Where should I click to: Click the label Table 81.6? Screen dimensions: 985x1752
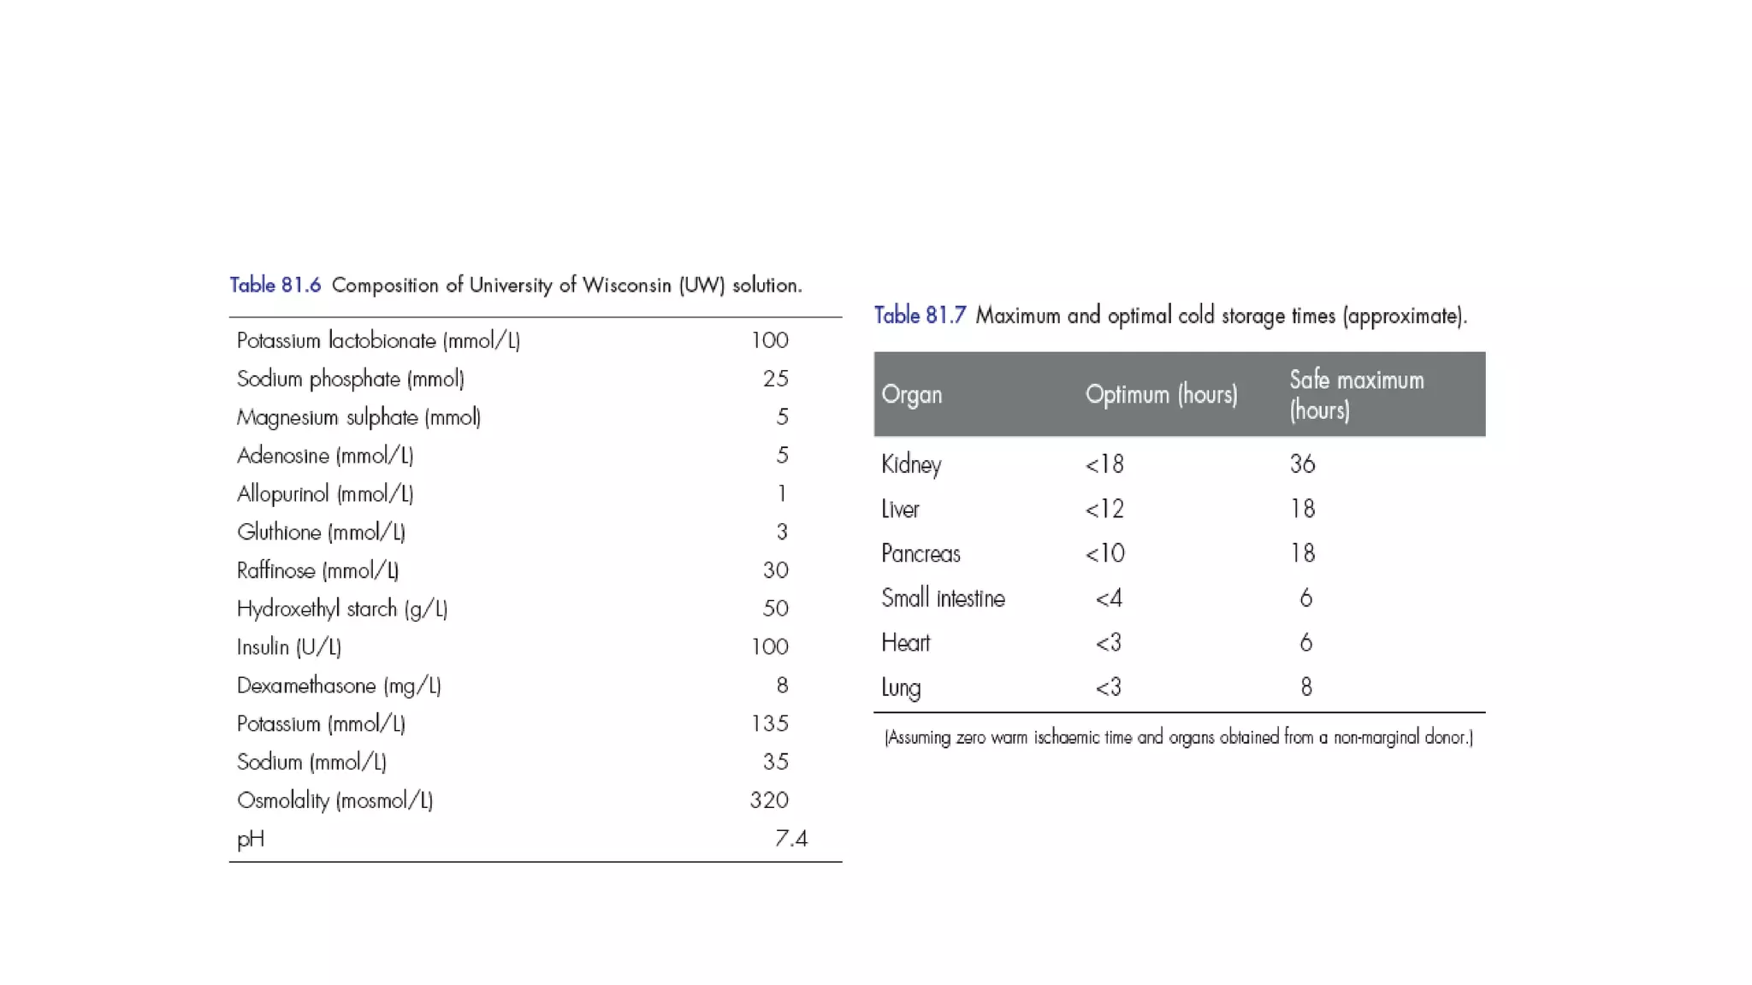point(275,285)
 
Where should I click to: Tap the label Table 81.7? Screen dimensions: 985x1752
point(920,316)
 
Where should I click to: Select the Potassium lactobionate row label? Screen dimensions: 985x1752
point(378,340)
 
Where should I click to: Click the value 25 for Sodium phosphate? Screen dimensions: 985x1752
point(775,379)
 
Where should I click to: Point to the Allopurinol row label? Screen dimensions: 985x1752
point(325,494)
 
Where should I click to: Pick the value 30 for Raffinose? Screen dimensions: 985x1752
point(775,570)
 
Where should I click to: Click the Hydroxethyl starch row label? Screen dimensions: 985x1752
point(342,609)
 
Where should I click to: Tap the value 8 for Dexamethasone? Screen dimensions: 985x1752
point(782,686)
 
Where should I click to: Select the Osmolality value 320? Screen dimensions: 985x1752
point(769,800)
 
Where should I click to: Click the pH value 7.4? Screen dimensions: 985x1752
point(790,839)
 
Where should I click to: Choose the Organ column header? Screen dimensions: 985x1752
point(911,395)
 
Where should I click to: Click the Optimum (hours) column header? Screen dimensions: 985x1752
point(1161,395)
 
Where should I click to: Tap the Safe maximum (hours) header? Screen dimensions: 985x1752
point(1356,395)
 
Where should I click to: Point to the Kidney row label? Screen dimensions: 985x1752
point(911,464)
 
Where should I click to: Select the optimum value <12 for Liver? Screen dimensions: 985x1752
point(1104,510)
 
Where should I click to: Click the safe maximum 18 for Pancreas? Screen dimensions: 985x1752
point(1302,554)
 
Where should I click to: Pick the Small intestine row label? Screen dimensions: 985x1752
point(943,599)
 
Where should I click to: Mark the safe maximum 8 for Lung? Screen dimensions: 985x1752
point(1305,687)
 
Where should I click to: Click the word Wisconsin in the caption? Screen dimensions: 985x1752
point(626,286)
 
